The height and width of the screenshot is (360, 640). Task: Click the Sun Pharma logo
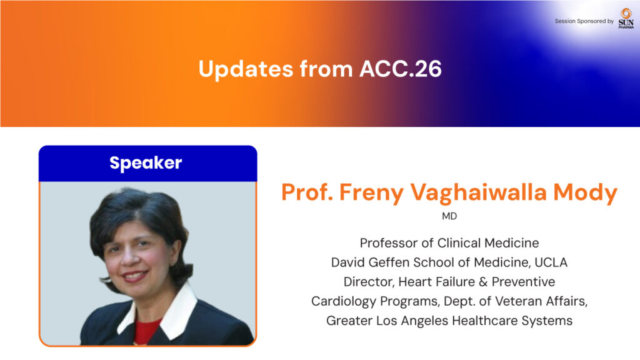click(x=626, y=19)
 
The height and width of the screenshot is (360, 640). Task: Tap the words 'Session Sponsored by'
click(x=584, y=21)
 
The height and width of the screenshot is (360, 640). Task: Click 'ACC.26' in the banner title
click(x=401, y=69)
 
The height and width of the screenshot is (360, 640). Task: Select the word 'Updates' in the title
click(x=246, y=69)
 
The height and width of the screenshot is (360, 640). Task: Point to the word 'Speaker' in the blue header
click(x=146, y=163)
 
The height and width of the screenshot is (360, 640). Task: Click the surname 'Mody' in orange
click(x=585, y=192)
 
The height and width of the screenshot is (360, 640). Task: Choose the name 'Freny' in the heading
click(x=371, y=192)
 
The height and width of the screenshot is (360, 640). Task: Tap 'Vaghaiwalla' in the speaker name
click(x=478, y=192)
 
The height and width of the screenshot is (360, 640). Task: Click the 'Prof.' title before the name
click(x=307, y=192)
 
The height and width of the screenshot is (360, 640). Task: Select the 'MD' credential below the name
click(x=449, y=216)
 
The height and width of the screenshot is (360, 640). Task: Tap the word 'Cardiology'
click(x=344, y=302)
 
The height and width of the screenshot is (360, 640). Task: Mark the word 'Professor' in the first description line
click(x=389, y=243)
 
